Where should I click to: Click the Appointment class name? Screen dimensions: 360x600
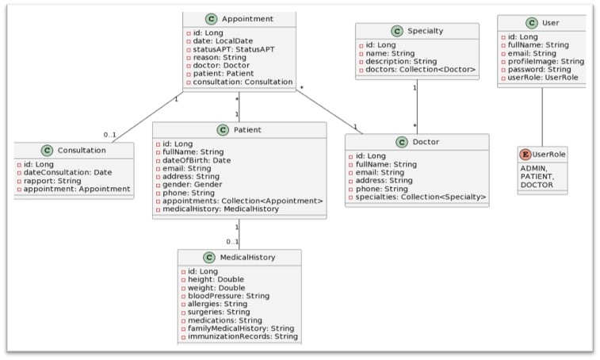(x=248, y=19)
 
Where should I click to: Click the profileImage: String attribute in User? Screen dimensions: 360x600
(x=545, y=61)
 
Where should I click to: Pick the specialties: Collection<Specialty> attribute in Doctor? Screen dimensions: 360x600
(x=421, y=196)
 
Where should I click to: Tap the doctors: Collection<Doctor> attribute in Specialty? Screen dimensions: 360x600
(x=421, y=71)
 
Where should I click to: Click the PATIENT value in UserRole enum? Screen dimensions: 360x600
(x=537, y=177)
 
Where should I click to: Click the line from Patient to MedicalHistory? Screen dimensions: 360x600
(x=239, y=234)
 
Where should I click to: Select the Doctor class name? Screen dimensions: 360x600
(x=426, y=143)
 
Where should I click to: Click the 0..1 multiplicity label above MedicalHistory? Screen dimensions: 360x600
(x=231, y=241)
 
